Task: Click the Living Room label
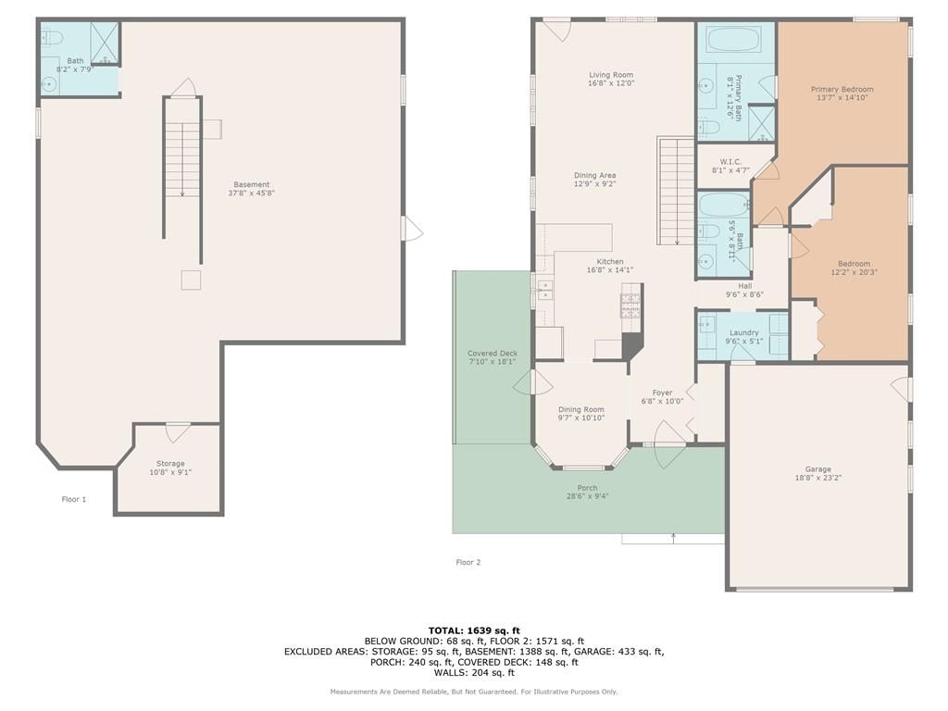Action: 611,75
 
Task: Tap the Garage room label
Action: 818,469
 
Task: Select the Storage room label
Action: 170,464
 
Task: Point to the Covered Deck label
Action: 493,354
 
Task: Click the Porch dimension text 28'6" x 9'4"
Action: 587,496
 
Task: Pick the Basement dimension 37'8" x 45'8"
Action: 252,193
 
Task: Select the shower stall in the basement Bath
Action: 105,43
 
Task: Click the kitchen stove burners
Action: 630,306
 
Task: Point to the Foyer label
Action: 663,393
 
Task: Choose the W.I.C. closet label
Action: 731,162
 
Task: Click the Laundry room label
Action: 743,332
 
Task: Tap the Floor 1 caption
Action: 74,499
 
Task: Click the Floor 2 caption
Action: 468,562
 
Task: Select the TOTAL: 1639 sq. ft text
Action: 474,630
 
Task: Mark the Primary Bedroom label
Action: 842,90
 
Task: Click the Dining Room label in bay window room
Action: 581,409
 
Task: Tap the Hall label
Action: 745,286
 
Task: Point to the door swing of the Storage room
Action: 178,433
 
